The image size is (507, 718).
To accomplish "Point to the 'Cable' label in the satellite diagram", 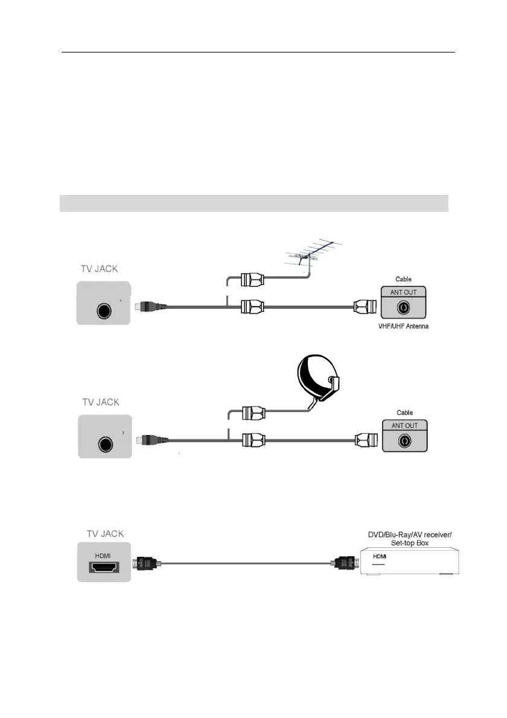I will (x=404, y=413).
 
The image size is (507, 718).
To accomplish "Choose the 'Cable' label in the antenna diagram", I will (x=404, y=279).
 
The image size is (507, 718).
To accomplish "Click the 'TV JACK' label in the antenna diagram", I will (x=101, y=269).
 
